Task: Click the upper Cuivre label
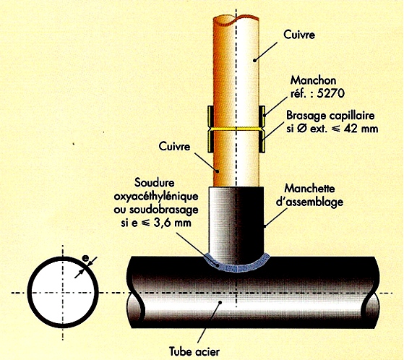[x=299, y=35]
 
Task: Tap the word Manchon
[x=313, y=81]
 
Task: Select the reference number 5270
[x=330, y=93]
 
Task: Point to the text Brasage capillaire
[x=330, y=116]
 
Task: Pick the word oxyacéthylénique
[x=156, y=197]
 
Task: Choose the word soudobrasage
[x=164, y=210]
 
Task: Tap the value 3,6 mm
[x=173, y=223]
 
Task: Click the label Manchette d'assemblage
[x=310, y=195]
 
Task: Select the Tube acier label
[x=194, y=351]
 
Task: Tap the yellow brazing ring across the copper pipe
[x=236, y=128]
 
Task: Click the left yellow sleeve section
[x=211, y=129]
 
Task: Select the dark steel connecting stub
[x=236, y=224]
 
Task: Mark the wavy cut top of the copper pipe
[x=236, y=21]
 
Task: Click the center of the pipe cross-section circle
[x=63, y=293]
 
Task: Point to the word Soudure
[x=155, y=183]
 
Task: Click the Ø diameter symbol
[x=301, y=129]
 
